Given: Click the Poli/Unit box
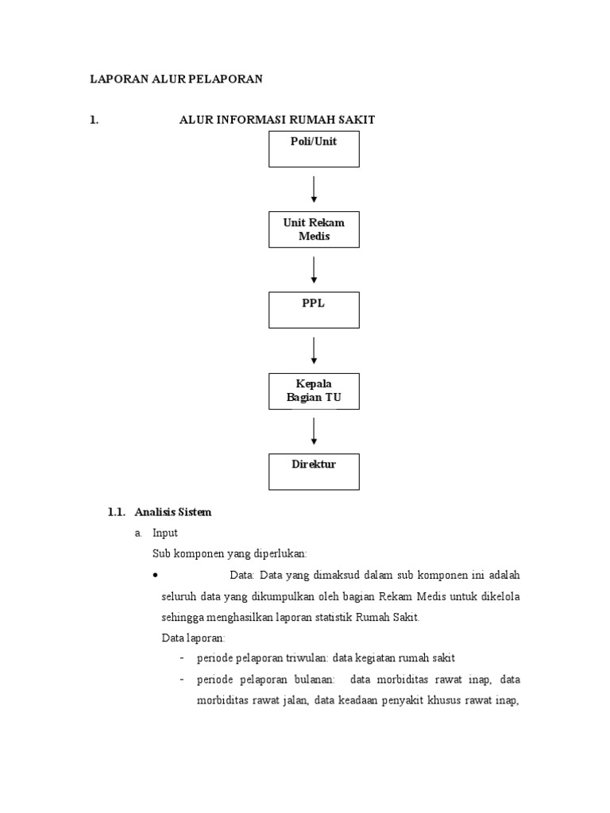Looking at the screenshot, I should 314,149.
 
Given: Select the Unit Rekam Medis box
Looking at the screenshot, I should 314,229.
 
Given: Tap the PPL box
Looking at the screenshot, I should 314,310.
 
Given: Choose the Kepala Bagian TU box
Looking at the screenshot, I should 314,391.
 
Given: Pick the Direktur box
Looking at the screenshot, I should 314,471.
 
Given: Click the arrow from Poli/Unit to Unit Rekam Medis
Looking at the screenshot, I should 315,189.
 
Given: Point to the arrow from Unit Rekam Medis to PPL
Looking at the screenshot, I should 315,270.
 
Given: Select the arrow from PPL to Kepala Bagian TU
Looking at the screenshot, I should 315,350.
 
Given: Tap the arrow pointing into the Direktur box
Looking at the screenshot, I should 315,430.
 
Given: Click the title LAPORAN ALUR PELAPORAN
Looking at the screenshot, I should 176,79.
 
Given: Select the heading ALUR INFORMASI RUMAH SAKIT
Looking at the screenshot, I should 276,120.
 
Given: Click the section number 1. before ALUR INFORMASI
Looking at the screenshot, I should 94,120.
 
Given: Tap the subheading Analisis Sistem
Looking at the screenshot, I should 173,513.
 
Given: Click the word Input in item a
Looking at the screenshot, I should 165,533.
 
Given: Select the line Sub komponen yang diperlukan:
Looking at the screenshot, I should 229,553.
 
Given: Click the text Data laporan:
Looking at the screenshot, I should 194,638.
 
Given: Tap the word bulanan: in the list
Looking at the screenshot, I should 312,680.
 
